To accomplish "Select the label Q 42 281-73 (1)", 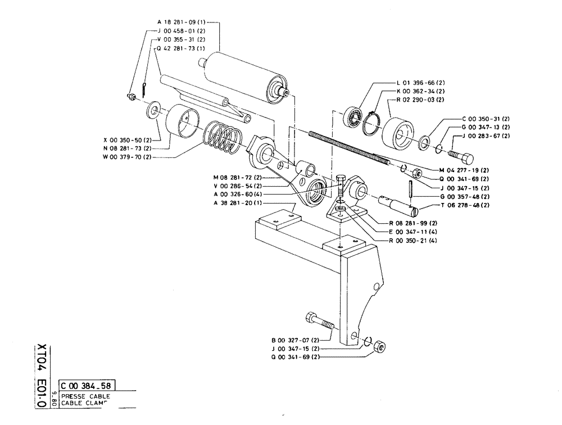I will [181, 48].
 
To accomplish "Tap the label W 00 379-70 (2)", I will [127, 157].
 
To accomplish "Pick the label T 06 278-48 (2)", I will [466, 205].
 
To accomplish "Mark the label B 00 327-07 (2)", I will [295, 340].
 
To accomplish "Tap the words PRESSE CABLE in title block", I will [85, 396].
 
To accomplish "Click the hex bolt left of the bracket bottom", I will [319, 323].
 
